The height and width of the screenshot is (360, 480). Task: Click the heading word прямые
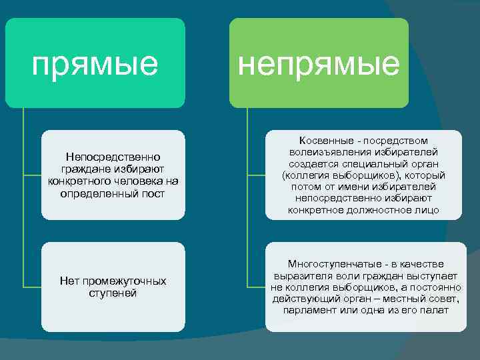click(95, 63)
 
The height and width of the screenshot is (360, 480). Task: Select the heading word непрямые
click(319, 63)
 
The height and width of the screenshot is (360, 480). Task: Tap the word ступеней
click(113, 293)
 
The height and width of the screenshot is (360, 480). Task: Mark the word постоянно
click(437, 287)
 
